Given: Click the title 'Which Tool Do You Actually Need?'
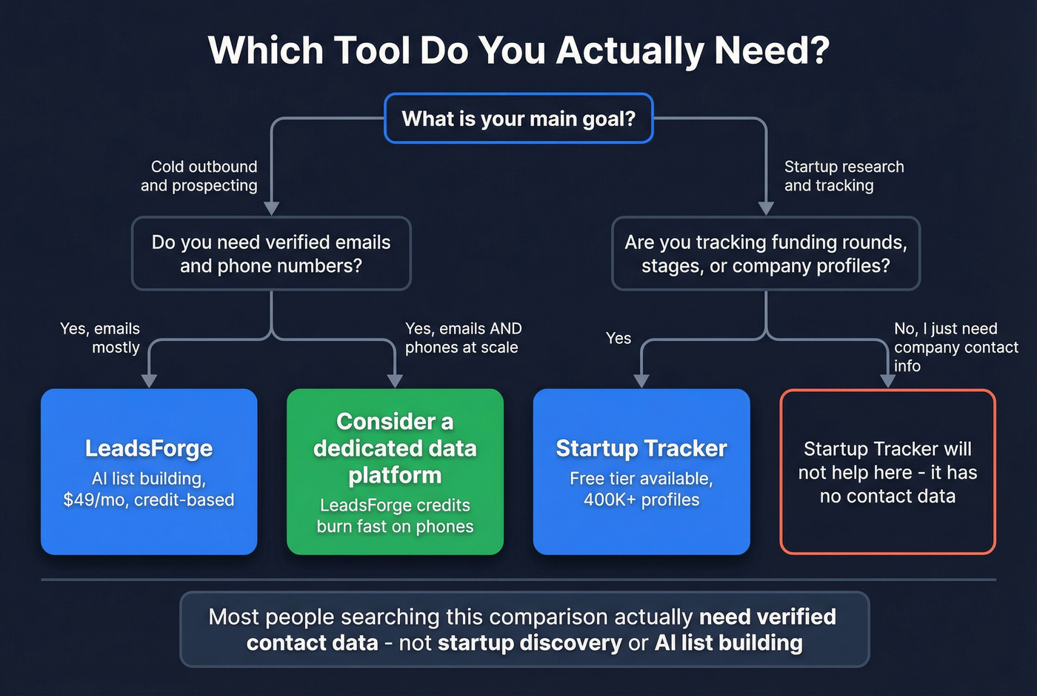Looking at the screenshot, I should pos(518,50).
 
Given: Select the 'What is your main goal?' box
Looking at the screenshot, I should pos(518,119).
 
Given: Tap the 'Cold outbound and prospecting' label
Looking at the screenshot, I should pos(199,176).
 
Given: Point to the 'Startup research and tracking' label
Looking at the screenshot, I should pos(844,176).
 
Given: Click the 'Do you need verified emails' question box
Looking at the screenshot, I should pos(271,253).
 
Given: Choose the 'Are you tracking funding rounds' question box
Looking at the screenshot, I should pos(765,253).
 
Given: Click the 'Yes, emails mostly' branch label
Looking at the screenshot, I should pos(100,337).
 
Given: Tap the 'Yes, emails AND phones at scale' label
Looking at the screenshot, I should pos(463,337).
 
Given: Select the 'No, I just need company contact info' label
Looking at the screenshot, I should pos(956,347).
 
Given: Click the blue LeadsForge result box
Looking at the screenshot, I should pos(149,471).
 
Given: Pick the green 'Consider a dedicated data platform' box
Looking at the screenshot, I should pos(395,471).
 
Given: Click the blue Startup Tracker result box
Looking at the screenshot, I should pos(641,471).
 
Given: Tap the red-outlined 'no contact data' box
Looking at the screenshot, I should pos(887,471).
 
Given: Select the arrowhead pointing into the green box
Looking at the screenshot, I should pos(395,381).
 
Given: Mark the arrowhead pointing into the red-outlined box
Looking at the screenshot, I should pos(887,381).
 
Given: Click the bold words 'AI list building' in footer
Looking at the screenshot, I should pos(728,643).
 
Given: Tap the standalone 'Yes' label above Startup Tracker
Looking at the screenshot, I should pos(618,338).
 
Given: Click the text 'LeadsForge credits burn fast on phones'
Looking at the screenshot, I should pos(395,516).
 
